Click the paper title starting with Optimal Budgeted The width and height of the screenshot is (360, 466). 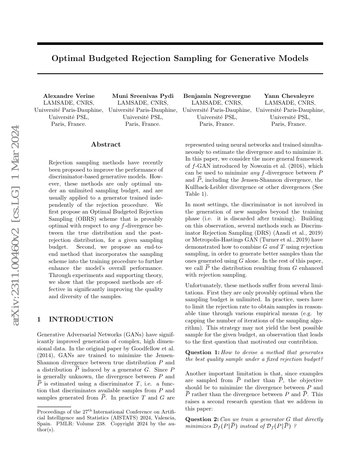[x=180, y=58]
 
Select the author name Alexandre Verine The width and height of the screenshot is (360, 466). [x=69, y=96]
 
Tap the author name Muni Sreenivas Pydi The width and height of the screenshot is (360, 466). [x=143, y=96]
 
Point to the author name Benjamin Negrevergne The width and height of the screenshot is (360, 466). [x=217, y=96]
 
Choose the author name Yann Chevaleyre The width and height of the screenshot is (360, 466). [x=290, y=96]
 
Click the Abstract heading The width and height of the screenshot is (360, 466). [x=106, y=144]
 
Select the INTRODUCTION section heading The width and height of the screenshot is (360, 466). [x=81, y=319]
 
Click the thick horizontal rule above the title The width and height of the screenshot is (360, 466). [x=180, y=44]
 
